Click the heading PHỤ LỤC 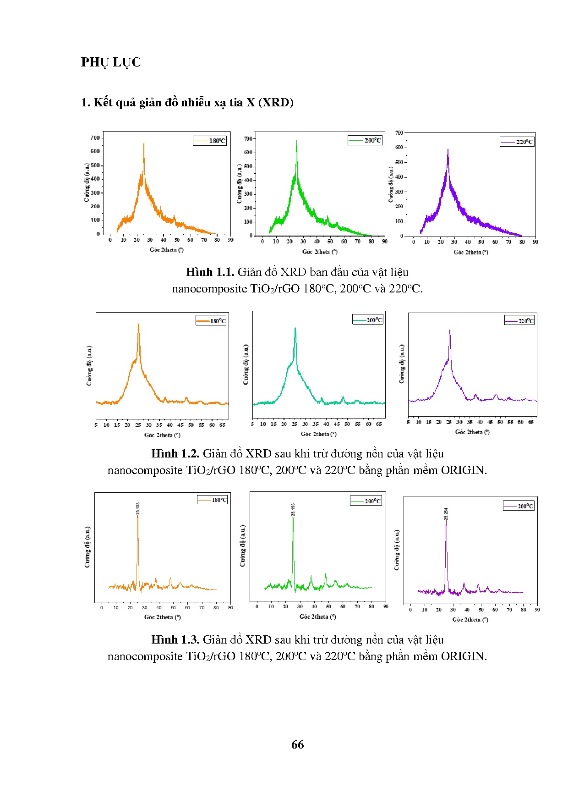[111, 62]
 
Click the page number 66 [297, 744]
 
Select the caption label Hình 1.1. [210, 272]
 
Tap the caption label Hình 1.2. [175, 454]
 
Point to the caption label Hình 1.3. [175, 640]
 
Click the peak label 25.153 [138, 508]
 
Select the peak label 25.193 [293, 509]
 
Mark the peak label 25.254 [446, 514]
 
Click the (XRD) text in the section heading [276, 102]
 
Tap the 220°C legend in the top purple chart [517, 142]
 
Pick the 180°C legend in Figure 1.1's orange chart [210, 141]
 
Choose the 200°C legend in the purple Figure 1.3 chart [519, 506]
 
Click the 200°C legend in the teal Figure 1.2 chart [368, 320]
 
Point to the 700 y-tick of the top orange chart [95, 138]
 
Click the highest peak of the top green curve [296, 141]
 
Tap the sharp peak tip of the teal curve [295, 328]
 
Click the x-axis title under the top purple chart [471, 252]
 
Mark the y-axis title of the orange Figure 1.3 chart [87, 547]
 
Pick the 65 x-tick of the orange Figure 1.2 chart [222, 425]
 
